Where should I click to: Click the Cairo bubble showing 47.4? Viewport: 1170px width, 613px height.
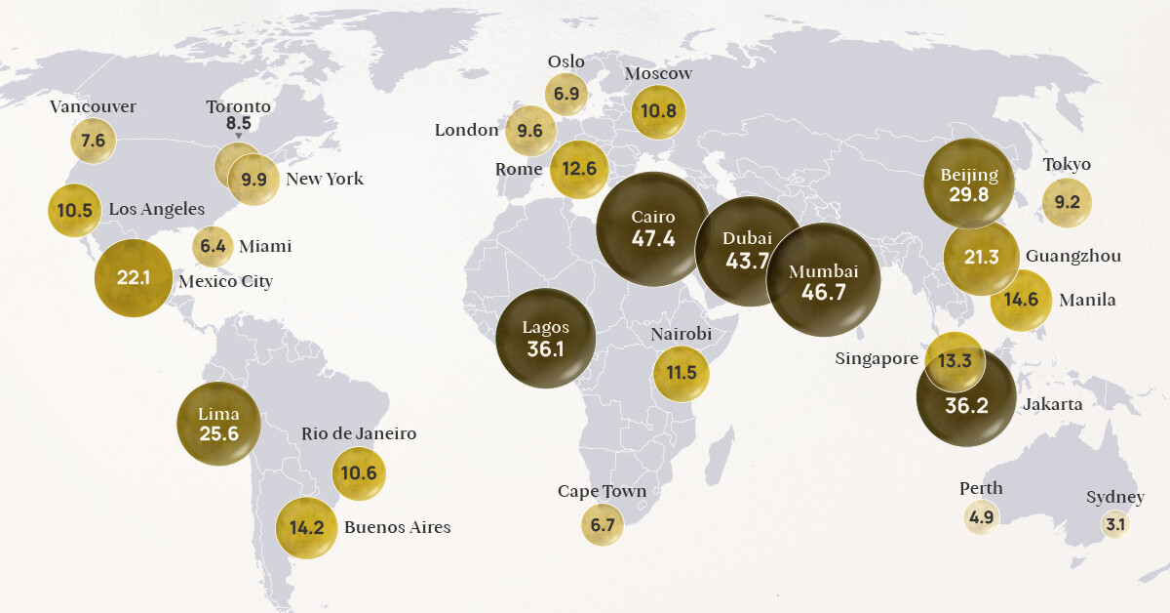pyautogui.click(x=652, y=228)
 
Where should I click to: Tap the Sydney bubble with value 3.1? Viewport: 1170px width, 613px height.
pyautogui.click(x=1114, y=524)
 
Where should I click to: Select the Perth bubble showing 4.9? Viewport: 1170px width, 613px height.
pyautogui.click(x=981, y=517)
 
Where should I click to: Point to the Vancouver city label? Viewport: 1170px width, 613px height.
pyautogui.click(x=93, y=106)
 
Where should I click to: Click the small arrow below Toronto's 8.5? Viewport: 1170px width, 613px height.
pyautogui.click(x=238, y=137)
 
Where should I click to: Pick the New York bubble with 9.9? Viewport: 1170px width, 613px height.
pyautogui.click(x=253, y=179)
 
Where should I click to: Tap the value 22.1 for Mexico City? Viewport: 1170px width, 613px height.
pyautogui.click(x=133, y=278)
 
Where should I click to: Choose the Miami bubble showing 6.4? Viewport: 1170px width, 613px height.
pyautogui.click(x=213, y=247)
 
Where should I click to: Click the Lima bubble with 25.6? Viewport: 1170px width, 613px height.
pyautogui.click(x=218, y=424)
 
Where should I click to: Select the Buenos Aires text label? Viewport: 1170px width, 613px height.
pyautogui.click(x=397, y=527)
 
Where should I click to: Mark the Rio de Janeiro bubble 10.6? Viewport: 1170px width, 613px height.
pyautogui.click(x=359, y=473)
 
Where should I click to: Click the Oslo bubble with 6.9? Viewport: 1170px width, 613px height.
pyautogui.click(x=566, y=94)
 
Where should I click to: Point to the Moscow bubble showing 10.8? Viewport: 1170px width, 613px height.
pyautogui.click(x=658, y=111)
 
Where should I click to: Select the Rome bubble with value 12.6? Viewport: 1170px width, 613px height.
pyautogui.click(x=578, y=169)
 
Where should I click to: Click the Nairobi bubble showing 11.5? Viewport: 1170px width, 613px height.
pyautogui.click(x=681, y=373)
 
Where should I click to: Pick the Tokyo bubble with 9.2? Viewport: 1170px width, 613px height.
pyautogui.click(x=1067, y=204)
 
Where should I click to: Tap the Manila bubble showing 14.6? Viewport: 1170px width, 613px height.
pyautogui.click(x=1021, y=300)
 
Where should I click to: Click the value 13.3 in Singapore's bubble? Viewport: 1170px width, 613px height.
pyautogui.click(x=955, y=361)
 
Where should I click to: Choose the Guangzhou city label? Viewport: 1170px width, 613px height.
pyautogui.click(x=1072, y=256)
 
